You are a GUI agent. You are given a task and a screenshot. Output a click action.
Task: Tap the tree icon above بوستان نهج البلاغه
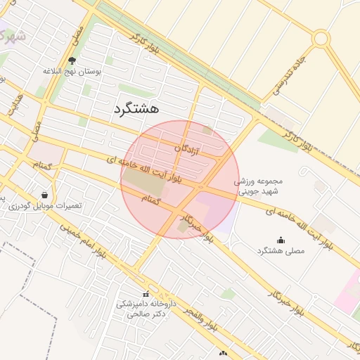72,60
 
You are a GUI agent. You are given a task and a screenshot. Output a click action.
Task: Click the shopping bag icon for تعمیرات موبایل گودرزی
45,195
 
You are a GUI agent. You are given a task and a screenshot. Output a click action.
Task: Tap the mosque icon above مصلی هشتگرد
281,240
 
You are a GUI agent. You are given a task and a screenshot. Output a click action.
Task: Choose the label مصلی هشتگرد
281,251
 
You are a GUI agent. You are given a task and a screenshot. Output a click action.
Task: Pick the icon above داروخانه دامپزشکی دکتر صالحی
146,294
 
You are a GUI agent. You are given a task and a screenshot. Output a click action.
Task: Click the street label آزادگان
188,149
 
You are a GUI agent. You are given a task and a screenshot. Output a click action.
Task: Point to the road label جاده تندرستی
288,72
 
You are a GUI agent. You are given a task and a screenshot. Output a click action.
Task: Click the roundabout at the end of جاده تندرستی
321,38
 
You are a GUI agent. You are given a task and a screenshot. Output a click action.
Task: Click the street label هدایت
15,103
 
